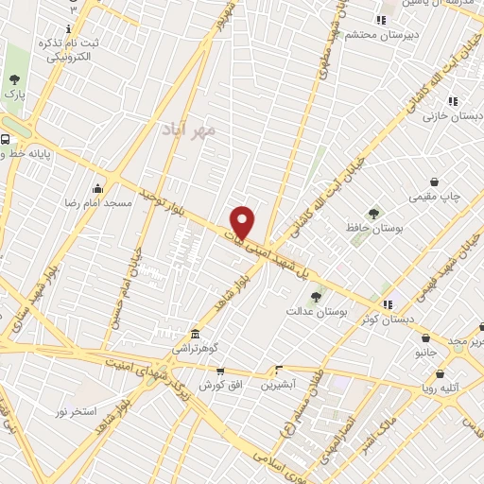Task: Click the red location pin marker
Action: tap(243, 222)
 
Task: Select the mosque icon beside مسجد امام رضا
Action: tap(97, 188)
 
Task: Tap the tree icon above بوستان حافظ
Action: tap(373, 214)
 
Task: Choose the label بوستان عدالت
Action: tap(317, 310)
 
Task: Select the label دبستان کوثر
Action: tap(389, 320)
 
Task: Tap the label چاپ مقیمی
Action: tap(434, 197)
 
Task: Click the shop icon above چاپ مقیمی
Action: tap(434, 181)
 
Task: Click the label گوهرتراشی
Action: tap(194, 349)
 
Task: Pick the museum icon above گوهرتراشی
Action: tap(194, 334)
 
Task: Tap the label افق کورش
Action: tap(216, 387)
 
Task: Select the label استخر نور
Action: tap(76, 411)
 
